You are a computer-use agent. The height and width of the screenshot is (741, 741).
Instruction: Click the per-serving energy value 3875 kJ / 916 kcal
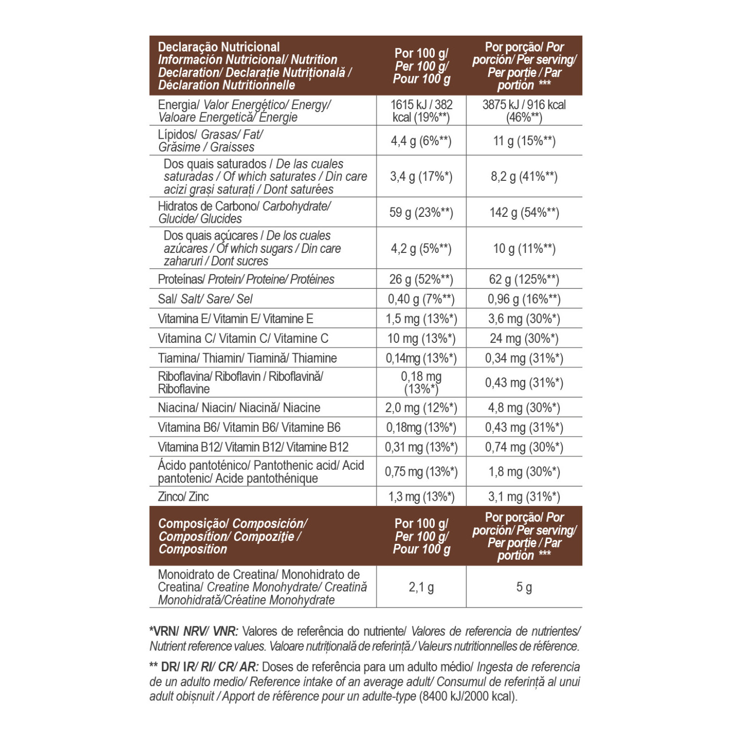click(x=524, y=111)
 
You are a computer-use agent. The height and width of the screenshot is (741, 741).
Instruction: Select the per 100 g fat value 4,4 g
click(x=421, y=141)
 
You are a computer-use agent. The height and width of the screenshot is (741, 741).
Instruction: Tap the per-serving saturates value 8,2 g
click(x=524, y=176)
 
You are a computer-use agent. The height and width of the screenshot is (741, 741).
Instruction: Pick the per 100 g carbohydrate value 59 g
click(x=421, y=212)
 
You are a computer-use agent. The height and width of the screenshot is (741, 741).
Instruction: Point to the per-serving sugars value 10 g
click(x=524, y=248)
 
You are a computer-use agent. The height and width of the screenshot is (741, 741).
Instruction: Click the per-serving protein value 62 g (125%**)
click(x=524, y=279)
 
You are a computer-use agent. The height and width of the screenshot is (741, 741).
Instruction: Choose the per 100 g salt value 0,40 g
click(x=421, y=299)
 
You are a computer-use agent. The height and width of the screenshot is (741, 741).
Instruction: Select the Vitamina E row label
click(x=235, y=319)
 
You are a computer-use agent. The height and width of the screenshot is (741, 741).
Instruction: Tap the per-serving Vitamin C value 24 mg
click(x=524, y=338)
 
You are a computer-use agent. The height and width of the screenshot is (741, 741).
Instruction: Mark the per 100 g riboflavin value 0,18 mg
click(x=421, y=382)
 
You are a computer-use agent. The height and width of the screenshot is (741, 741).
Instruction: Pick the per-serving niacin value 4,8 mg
click(x=524, y=408)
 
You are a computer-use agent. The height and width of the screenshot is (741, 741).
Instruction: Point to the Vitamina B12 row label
click(x=253, y=447)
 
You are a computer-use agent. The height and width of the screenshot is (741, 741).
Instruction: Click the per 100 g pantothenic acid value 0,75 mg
click(x=421, y=472)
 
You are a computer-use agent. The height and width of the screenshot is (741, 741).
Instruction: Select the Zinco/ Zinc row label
click(x=183, y=496)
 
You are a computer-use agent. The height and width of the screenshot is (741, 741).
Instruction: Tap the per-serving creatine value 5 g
click(x=524, y=587)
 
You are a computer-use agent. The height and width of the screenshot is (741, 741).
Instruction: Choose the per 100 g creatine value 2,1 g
click(x=421, y=587)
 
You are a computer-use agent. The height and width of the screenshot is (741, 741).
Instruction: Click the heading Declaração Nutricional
click(x=219, y=47)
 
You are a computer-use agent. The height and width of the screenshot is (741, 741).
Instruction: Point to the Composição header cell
click(x=232, y=536)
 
